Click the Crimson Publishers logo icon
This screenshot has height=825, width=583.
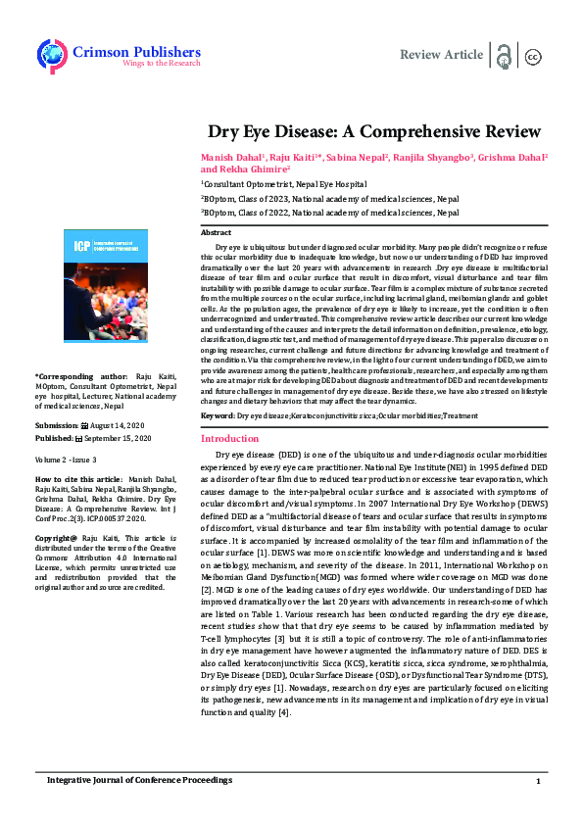50,54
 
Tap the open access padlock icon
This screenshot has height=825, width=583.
504,55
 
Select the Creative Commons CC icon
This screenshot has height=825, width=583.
533,56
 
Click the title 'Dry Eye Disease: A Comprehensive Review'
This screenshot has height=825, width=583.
373,131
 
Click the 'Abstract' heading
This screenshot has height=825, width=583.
216,233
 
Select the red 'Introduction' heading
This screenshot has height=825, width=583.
228,440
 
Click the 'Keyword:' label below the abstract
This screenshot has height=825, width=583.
219,416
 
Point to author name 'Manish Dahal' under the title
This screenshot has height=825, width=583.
226,158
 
